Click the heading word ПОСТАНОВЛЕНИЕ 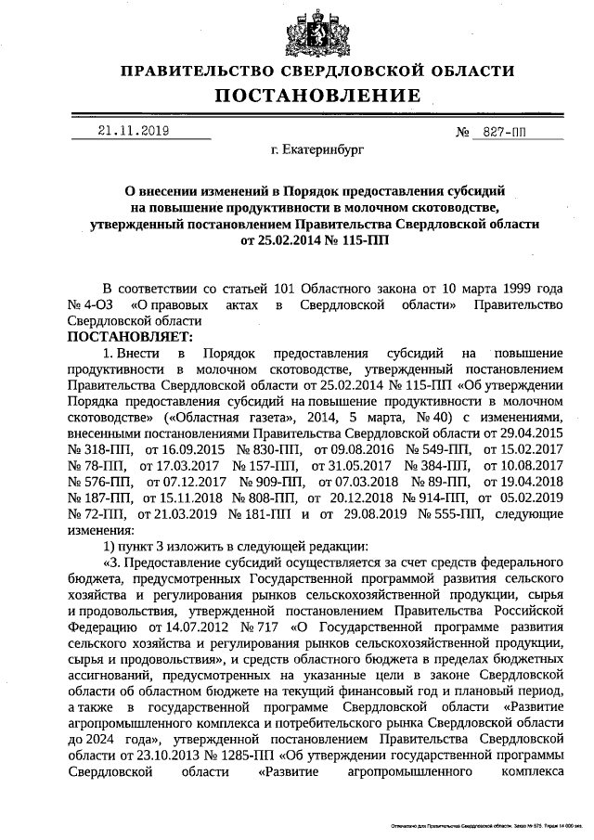coord(319,96)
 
